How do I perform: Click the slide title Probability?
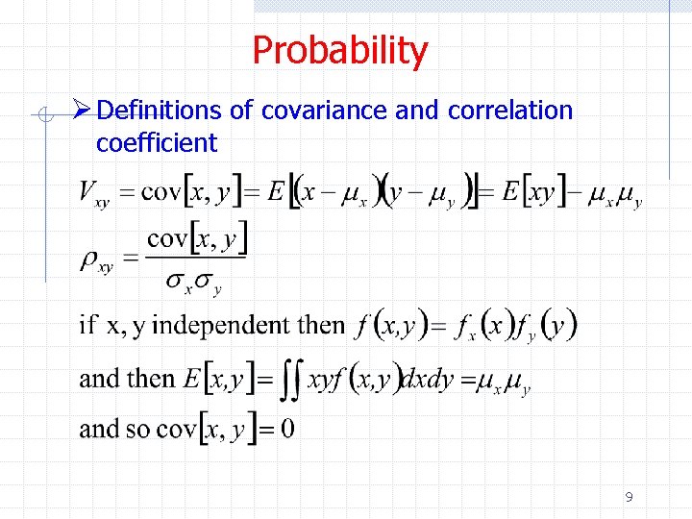click(x=339, y=50)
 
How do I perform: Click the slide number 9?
click(x=629, y=497)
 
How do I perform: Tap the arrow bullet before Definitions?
click(x=84, y=111)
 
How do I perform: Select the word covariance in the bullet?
click(x=325, y=111)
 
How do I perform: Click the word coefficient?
click(x=157, y=143)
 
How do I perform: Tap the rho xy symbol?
click(x=97, y=260)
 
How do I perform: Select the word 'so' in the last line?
click(x=138, y=429)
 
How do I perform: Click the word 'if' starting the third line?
click(x=88, y=325)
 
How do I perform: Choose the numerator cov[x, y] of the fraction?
click(x=198, y=237)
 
